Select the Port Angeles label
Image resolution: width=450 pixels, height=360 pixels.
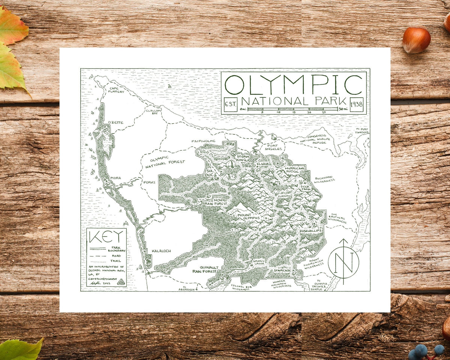point(272,147)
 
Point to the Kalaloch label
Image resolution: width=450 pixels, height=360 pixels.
point(161,250)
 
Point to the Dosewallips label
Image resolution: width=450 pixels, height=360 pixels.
point(310,231)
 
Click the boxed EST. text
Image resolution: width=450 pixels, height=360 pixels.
point(230,104)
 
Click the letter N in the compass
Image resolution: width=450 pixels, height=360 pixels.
point(343,263)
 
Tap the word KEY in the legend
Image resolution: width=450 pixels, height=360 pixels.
point(106,237)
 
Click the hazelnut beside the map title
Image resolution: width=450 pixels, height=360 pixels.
point(416,40)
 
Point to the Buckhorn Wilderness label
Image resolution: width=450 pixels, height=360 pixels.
point(325,180)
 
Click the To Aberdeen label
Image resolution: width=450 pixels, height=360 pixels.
point(187,289)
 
